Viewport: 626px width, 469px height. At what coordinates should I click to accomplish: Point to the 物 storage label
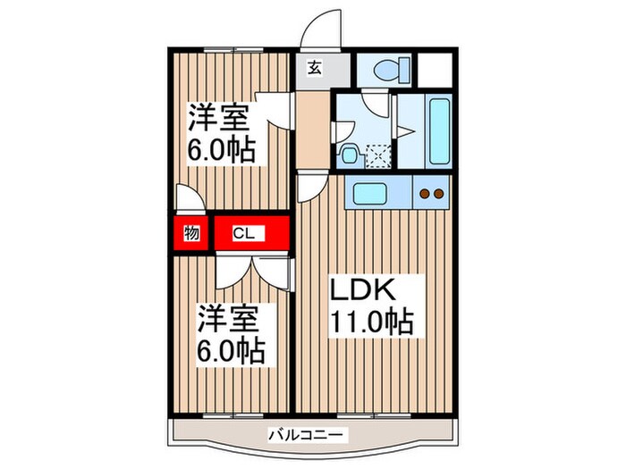click(x=191, y=234)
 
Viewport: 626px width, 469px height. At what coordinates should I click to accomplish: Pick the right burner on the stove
click(x=440, y=192)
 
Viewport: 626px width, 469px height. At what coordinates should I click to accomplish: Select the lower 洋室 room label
click(x=229, y=317)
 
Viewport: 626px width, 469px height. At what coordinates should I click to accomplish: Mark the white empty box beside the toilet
click(x=435, y=70)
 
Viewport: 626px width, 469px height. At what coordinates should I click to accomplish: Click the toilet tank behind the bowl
click(x=402, y=70)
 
